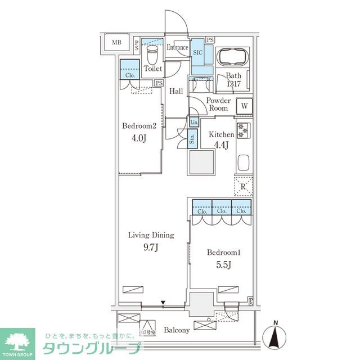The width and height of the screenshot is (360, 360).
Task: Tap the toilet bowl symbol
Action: (152, 55)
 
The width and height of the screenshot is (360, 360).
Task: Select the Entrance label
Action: (177, 48)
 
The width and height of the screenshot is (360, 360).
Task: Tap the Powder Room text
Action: (217, 104)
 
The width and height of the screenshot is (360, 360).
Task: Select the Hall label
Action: (177, 92)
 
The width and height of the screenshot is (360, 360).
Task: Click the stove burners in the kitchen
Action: (244, 130)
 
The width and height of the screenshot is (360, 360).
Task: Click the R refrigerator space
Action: (244, 186)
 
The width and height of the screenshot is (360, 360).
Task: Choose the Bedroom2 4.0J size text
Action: (135, 137)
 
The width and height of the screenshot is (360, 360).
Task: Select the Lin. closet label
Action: (193, 123)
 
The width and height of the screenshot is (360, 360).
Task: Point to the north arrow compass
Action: (275, 336)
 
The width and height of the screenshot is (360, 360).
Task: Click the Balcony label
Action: (177, 330)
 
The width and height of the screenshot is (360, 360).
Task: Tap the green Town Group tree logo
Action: (17, 339)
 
